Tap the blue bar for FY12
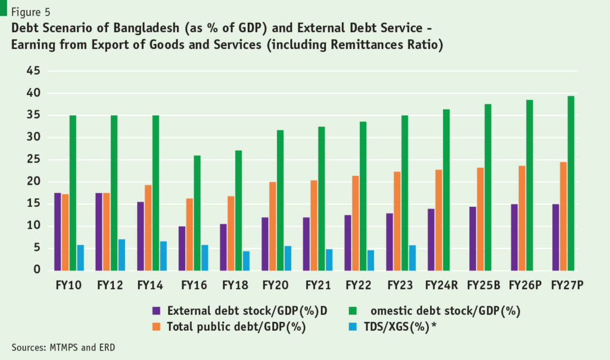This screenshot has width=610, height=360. pos(122,255)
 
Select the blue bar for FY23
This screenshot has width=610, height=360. pos(412,257)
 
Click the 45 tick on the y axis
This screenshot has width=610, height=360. pos(33,71)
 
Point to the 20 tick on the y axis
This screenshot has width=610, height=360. pos(33,182)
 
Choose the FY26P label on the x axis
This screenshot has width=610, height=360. pos(525,285)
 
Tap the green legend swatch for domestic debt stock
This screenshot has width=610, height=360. pos(351,311)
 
